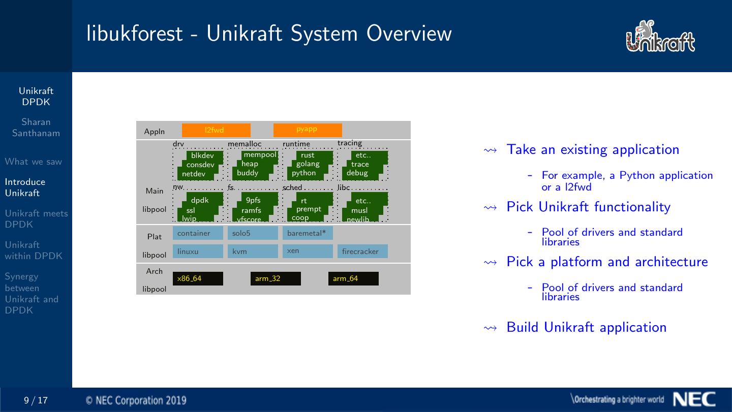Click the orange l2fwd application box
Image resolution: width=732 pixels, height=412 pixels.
(x=216, y=130)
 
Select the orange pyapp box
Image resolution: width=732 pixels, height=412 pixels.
(x=308, y=130)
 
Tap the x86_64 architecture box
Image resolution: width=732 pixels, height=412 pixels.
(x=198, y=278)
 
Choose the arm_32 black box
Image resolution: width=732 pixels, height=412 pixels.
(x=276, y=278)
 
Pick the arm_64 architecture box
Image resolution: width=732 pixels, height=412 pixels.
(x=353, y=278)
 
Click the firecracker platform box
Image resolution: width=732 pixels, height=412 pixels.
(x=362, y=251)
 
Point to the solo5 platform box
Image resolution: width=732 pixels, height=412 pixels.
(x=253, y=233)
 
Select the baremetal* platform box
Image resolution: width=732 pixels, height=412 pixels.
(x=308, y=233)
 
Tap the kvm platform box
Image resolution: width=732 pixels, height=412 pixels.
(x=253, y=251)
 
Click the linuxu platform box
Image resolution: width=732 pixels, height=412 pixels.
(x=198, y=251)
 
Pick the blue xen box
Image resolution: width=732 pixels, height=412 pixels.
(x=308, y=251)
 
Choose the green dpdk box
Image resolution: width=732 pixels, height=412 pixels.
(x=200, y=200)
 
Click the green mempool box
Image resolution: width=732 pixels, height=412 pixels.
(x=260, y=155)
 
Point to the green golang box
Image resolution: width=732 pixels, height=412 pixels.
(x=308, y=164)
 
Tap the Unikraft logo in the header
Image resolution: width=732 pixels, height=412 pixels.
(x=660, y=36)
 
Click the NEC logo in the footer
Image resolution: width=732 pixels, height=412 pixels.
(x=694, y=399)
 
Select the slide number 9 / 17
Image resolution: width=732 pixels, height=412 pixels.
(x=36, y=400)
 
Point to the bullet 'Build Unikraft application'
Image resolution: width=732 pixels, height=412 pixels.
(x=587, y=327)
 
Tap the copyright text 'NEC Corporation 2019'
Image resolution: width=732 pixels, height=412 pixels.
(x=136, y=400)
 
